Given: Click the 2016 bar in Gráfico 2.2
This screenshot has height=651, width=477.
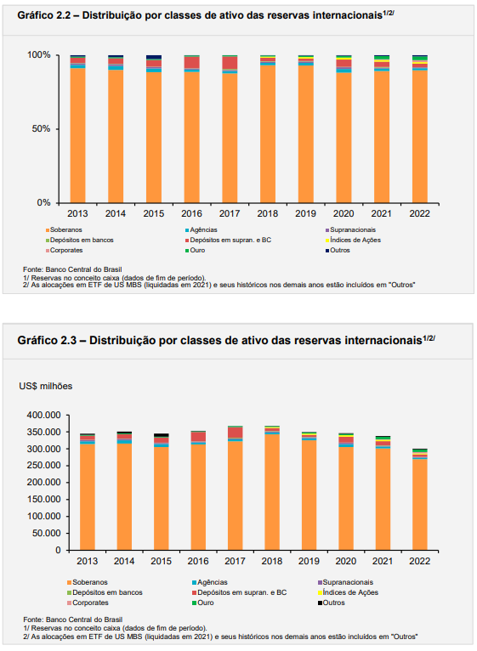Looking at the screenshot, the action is [192, 129].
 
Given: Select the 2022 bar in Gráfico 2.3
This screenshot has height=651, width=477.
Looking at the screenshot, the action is [419, 500].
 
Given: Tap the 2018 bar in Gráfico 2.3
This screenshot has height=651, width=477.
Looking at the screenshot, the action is [272, 488].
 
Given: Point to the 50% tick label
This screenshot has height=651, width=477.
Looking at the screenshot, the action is [41, 128].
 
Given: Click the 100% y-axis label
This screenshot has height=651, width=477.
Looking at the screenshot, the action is [38, 54].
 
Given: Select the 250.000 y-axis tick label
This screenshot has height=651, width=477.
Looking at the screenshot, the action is [43, 466].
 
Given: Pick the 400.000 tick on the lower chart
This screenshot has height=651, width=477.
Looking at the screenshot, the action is [43, 415].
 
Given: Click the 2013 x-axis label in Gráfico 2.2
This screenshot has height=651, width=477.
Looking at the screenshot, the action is [77, 213].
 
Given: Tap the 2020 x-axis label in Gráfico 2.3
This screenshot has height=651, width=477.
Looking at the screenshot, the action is [346, 561].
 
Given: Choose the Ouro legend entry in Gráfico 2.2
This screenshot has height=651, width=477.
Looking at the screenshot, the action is [195, 251].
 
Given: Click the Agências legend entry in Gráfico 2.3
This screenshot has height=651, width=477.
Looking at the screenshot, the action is [209, 582].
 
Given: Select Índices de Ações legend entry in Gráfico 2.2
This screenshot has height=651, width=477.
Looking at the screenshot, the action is [353, 240].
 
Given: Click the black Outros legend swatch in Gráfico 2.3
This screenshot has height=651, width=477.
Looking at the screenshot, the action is [320, 603].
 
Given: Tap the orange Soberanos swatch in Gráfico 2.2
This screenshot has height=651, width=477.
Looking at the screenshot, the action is [48, 230].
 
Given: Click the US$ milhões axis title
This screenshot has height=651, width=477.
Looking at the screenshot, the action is [46, 386].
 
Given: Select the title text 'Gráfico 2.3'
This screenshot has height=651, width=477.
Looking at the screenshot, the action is [47, 341].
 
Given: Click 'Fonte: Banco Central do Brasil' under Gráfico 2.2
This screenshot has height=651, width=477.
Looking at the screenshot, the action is [72, 269].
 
